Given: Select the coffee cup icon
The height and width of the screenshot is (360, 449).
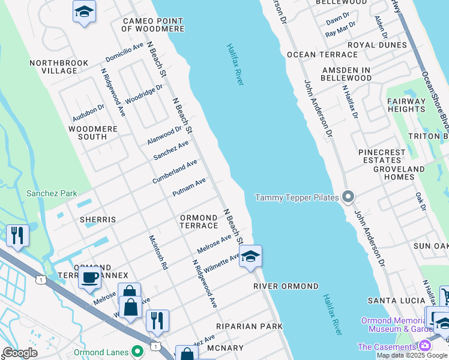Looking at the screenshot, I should click(x=89, y=278).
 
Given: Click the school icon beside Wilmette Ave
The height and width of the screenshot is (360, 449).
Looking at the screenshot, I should click(x=250, y=256).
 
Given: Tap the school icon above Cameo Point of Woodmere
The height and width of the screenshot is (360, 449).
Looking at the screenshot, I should click(x=84, y=11).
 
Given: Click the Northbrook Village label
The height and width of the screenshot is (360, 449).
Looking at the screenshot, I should click(x=59, y=67).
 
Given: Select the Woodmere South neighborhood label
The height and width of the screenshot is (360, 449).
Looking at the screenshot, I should click(x=88, y=133).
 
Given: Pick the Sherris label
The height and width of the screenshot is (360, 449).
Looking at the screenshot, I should click(x=98, y=220).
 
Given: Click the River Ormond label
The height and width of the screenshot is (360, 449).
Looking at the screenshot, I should click(x=286, y=286).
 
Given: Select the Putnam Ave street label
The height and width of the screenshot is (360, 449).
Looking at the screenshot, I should click(x=189, y=187).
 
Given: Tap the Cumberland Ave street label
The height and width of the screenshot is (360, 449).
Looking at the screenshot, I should click(x=175, y=172).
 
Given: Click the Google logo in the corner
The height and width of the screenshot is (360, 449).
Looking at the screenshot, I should click(x=20, y=353).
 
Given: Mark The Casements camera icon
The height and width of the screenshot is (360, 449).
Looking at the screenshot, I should click(x=424, y=346).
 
